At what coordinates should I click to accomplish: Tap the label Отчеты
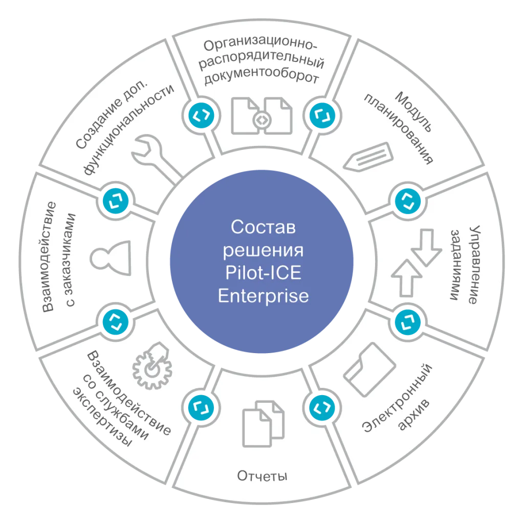(x=262, y=476)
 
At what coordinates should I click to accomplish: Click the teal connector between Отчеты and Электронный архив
(x=322, y=407)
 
